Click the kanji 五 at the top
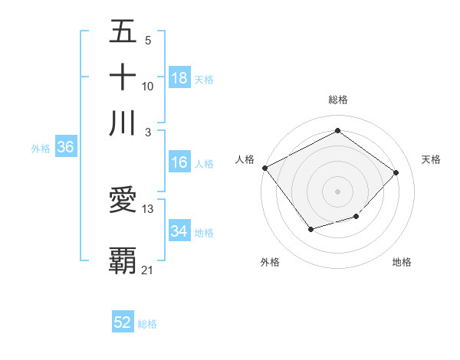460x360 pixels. click(123, 34)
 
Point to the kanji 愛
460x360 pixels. click(123, 200)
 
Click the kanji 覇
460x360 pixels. click(123, 260)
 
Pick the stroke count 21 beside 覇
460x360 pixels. click(147, 270)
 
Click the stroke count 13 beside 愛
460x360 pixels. click(148, 208)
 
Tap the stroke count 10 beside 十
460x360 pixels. click(148, 87)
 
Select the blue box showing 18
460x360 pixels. click(179, 78)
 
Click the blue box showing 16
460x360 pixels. click(179, 162)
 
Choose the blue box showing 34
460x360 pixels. click(179, 231)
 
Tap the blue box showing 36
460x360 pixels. click(65, 148)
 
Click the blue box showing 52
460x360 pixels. click(123, 322)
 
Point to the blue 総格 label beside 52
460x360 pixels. click(147, 324)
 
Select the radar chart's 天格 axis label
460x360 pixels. click(432, 159)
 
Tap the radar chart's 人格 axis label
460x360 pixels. click(245, 159)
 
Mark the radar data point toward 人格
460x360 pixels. click(264, 168)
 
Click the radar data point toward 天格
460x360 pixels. click(396, 172)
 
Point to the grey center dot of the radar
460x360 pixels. click(337, 191)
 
